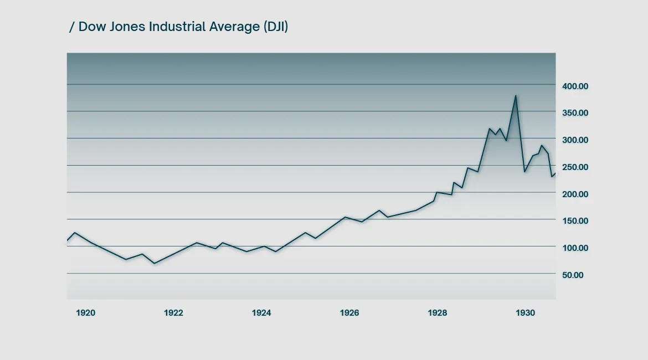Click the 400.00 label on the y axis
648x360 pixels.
click(574, 86)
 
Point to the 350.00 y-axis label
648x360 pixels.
click(574, 113)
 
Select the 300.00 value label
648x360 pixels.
click(574, 140)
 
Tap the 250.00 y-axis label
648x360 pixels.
click(574, 167)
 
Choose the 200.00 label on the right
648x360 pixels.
click(574, 194)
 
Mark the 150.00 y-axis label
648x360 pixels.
click(574, 221)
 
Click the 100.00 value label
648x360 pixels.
click(574, 248)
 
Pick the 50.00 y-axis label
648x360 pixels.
click(572, 275)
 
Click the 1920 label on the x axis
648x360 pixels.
click(85, 313)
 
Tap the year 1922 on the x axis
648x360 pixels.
click(173, 313)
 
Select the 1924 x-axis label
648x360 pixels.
click(261, 313)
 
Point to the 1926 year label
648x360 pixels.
click(349, 313)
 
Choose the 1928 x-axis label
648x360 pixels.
click(438, 313)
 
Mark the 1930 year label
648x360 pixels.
click(526, 313)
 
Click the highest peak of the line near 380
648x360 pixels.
click(516, 96)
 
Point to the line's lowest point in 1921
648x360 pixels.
click(155, 263)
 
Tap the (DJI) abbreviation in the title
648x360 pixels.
click(275, 27)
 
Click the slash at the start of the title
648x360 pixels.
click(71, 27)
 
